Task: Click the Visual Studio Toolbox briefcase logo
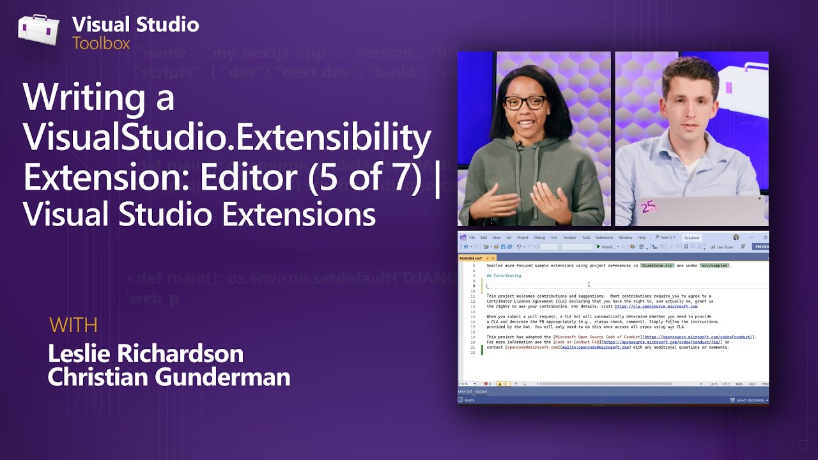(38, 31)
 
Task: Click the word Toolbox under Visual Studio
(101, 43)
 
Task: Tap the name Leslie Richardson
(146, 353)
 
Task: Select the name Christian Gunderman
(169, 377)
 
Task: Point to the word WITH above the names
(73, 325)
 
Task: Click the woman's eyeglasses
(525, 102)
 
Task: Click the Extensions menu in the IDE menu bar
(604, 238)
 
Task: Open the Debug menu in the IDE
(539, 238)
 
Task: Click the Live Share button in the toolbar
(724, 247)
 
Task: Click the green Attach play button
(599, 247)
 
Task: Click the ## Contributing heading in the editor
(504, 276)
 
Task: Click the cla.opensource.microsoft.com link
(656, 307)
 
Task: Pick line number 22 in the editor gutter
(474, 353)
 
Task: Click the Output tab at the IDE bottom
(481, 391)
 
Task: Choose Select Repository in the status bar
(750, 400)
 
